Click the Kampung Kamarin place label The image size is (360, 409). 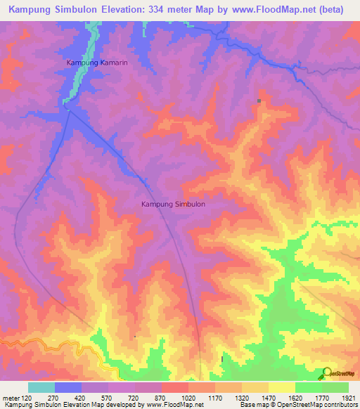(x=97, y=63)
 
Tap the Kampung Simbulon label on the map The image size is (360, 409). (x=173, y=204)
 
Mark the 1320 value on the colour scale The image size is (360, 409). (x=241, y=398)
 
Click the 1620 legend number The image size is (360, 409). (x=294, y=398)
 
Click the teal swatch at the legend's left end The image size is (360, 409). (x=41, y=387)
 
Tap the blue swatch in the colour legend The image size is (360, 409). (x=68, y=387)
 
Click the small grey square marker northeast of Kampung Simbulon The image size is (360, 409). (x=259, y=101)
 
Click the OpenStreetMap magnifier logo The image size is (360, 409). (x=327, y=372)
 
